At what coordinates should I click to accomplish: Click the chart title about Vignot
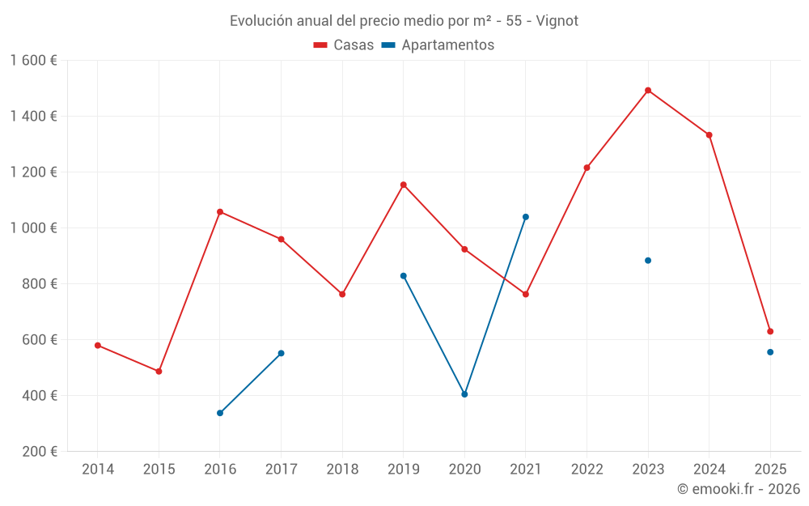pyautogui.click(x=404, y=21)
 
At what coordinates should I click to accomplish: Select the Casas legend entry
pyautogui.click(x=344, y=45)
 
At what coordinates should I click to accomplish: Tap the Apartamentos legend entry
pyautogui.click(x=438, y=45)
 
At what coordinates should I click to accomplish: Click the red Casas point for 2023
pyautogui.click(x=648, y=91)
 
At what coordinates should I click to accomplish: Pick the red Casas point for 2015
pyautogui.click(x=159, y=372)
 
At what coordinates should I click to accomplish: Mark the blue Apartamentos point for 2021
pyautogui.click(x=526, y=217)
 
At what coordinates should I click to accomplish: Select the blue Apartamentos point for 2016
pyautogui.click(x=220, y=413)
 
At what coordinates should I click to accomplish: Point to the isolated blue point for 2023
pyautogui.click(x=648, y=261)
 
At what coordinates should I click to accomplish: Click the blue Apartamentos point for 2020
pyautogui.click(x=464, y=394)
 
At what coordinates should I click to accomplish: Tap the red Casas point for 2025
pyautogui.click(x=770, y=331)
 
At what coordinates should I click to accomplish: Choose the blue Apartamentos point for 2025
pyautogui.click(x=770, y=352)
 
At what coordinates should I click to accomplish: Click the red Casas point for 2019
pyautogui.click(x=404, y=185)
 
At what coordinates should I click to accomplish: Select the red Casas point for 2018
pyautogui.click(x=342, y=294)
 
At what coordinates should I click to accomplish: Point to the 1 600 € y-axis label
pyautogui.click(x=33, y=61)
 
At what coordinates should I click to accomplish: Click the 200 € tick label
pyautogui.click(x=40, y=452)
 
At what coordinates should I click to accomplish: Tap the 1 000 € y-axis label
pyautogui.click(x=33, y=228)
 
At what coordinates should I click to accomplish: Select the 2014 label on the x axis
pyautogui.click(x=98, y=470)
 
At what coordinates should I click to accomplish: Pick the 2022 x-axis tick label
pyautogui.click(x=587, y=470)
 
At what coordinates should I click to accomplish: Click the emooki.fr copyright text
pyautogui.click(x=738, y=489)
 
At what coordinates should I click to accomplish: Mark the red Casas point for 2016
pyautogui.click(x=220, y=212)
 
